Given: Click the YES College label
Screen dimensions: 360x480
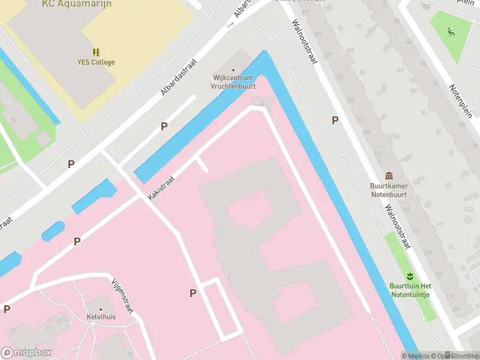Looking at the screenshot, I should click(96, 62).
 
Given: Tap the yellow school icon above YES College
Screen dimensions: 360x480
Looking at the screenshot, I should click(96, 52).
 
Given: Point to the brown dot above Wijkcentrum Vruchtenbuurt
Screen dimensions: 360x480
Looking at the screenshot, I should click(233, 70).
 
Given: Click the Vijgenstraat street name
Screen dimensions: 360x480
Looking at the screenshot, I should click(122, 296).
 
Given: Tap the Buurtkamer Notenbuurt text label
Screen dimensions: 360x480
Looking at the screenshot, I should click(390, 190).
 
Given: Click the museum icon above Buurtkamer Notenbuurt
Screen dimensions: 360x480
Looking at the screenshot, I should click(390, 176).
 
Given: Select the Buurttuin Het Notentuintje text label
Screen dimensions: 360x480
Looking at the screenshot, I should click(410, 290).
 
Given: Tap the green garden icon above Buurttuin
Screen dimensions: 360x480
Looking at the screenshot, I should click(410, 277).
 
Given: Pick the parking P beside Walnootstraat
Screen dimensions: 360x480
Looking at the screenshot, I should click(335, 121).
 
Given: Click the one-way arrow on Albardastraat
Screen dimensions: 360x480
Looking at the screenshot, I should click(230, 25).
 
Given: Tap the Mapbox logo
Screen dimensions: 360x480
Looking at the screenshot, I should click(26, 353).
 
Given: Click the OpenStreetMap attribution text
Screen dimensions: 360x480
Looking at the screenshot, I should click(447, 356).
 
